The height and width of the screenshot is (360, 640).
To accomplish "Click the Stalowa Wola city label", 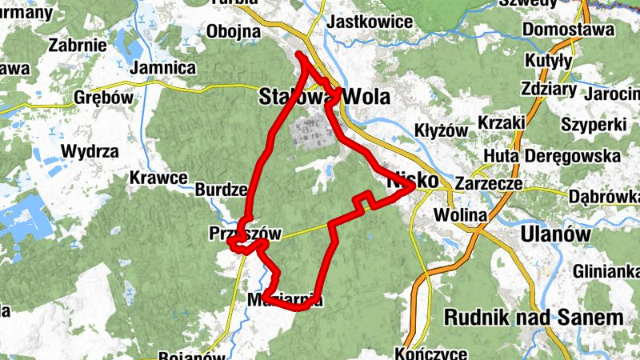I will [324, 98].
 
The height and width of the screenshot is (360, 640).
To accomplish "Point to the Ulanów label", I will [554, 234].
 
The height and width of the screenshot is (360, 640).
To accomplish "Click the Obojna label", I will [234, 32].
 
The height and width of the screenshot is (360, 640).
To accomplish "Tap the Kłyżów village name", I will [442, 130].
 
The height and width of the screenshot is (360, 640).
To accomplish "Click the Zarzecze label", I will [487, 183].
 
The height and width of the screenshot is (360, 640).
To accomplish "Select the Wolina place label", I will [460, 215].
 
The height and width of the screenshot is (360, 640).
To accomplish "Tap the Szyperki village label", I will [591, 125].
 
